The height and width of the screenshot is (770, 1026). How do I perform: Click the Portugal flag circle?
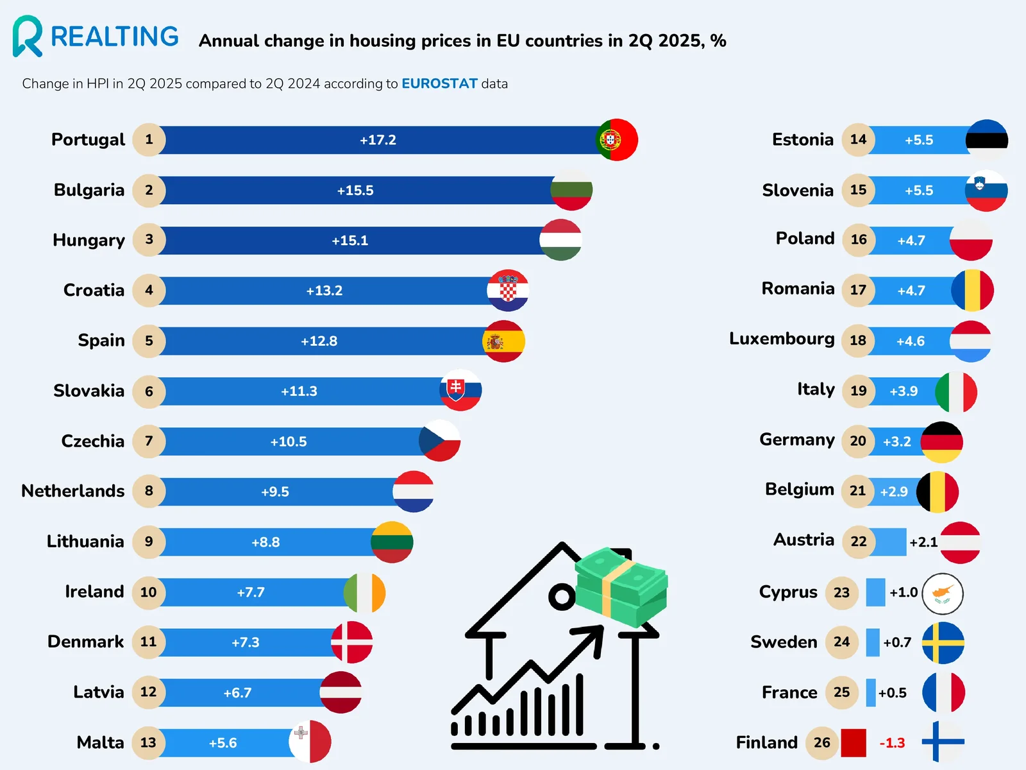[x=616, y=140]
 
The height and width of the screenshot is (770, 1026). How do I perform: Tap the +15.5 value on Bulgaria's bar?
[x=355, y=191]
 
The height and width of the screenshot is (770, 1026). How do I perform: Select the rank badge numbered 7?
[x=149, y=441]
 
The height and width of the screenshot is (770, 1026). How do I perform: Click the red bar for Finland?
[x=853, y=743]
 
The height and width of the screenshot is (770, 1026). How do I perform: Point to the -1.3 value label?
[x=892, y=743]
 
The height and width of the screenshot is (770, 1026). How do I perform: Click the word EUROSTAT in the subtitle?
[x=439, y=83]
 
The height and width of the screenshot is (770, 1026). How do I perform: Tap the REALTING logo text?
[x=114, y=37]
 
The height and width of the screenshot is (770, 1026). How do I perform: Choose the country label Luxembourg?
[x=782, y=339]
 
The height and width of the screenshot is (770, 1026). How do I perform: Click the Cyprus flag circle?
[x=942, y=594]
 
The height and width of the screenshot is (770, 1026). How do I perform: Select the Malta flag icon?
[x=310, y=742]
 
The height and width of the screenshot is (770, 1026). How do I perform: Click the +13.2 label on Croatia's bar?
[x=324, y=291]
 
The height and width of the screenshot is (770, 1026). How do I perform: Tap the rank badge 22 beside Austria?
[x=858, y=542]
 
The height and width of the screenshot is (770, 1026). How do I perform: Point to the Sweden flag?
[x=943, y=643]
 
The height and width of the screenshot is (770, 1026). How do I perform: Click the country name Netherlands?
[x=73, y=491]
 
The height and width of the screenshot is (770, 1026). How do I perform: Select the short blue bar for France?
[x=870, y=693]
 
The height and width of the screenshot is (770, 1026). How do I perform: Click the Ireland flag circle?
[x=364, y=592]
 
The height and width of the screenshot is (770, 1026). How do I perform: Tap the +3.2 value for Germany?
[x=896, y=441]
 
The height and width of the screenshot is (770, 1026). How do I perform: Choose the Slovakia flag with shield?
[x=460, y=390]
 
